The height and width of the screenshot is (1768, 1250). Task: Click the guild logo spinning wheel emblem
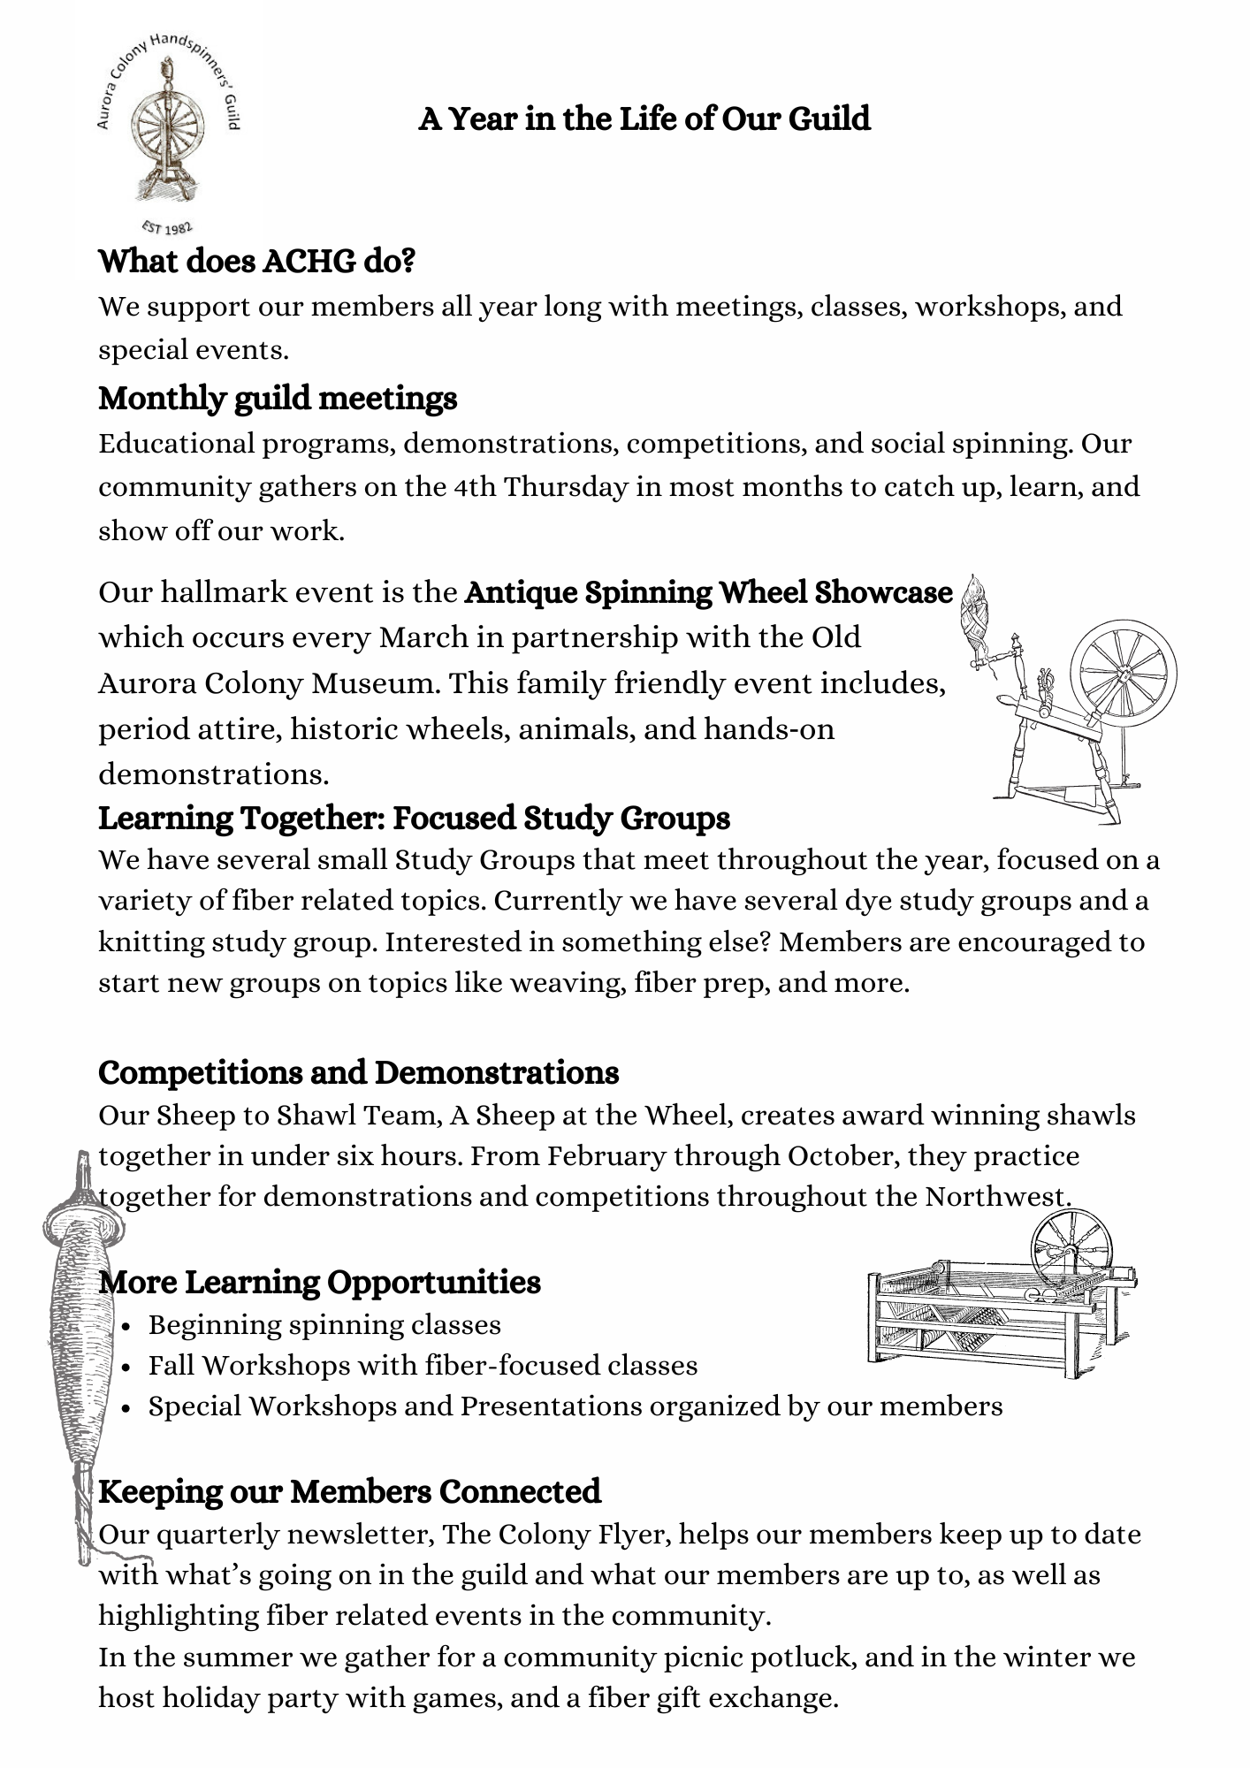[167, 133]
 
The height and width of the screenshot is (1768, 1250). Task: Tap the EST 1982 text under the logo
[167, 226]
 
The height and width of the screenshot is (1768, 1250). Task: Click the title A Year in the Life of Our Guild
[644, 118]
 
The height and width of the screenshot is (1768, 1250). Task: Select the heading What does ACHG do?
[256, 262]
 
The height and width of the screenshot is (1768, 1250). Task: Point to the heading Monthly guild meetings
[278, 399]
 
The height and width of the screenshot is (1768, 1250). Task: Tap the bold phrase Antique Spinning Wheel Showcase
[708, 592]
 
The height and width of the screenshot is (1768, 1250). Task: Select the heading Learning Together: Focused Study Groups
[414, 819]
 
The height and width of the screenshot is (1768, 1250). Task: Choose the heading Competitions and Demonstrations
[358, 1073]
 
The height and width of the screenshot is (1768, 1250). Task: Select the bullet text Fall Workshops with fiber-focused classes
[423, 1366]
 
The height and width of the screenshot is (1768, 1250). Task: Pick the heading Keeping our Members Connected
[349, 1492]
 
